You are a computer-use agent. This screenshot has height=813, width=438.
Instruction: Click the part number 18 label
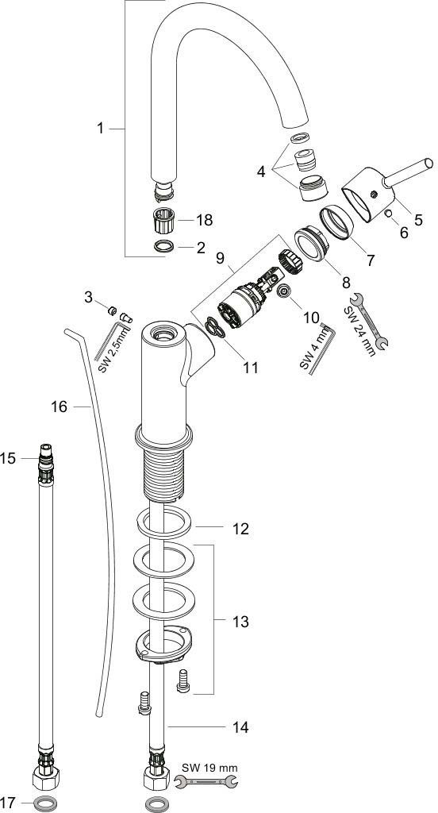(x=204, y=221)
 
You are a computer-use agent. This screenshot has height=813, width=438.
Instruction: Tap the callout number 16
(x=59, y=407)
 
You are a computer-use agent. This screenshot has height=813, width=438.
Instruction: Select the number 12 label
(x=240, y=529)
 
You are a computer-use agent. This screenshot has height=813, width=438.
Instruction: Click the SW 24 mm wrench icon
(x=370, y=321)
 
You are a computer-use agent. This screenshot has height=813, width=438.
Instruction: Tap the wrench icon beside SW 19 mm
(x=206, y=782)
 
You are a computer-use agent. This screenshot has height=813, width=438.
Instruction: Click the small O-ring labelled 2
(x=164, y=247)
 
